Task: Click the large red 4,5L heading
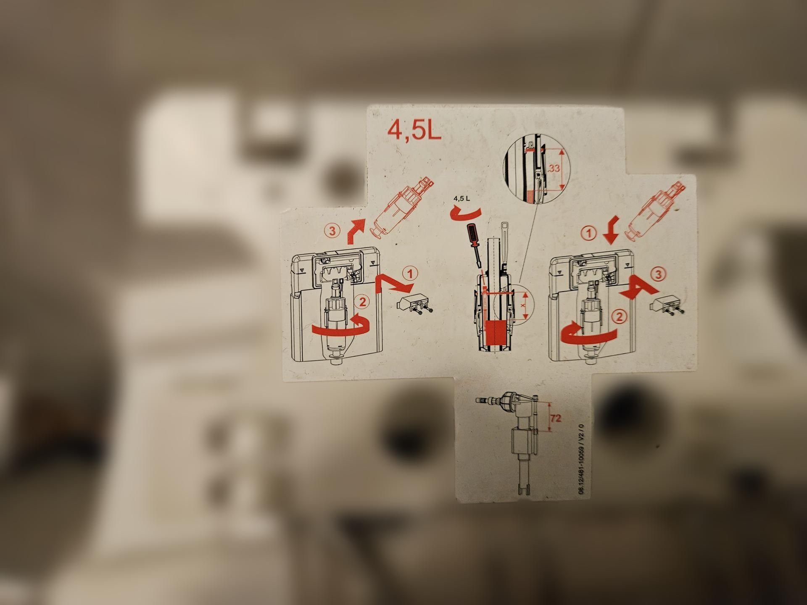(x=414, y=130)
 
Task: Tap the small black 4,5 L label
(x=462, y=198)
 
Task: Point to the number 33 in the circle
(x=554, y=168)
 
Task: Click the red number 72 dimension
(x=555, y=418)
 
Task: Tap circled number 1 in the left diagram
(x=410, y=274)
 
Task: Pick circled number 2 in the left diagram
(x=362, y=301)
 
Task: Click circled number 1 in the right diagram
(x=589, y=233)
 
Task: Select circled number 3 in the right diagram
(x=658, y=274)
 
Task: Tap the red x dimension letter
(x=523, y=305)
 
